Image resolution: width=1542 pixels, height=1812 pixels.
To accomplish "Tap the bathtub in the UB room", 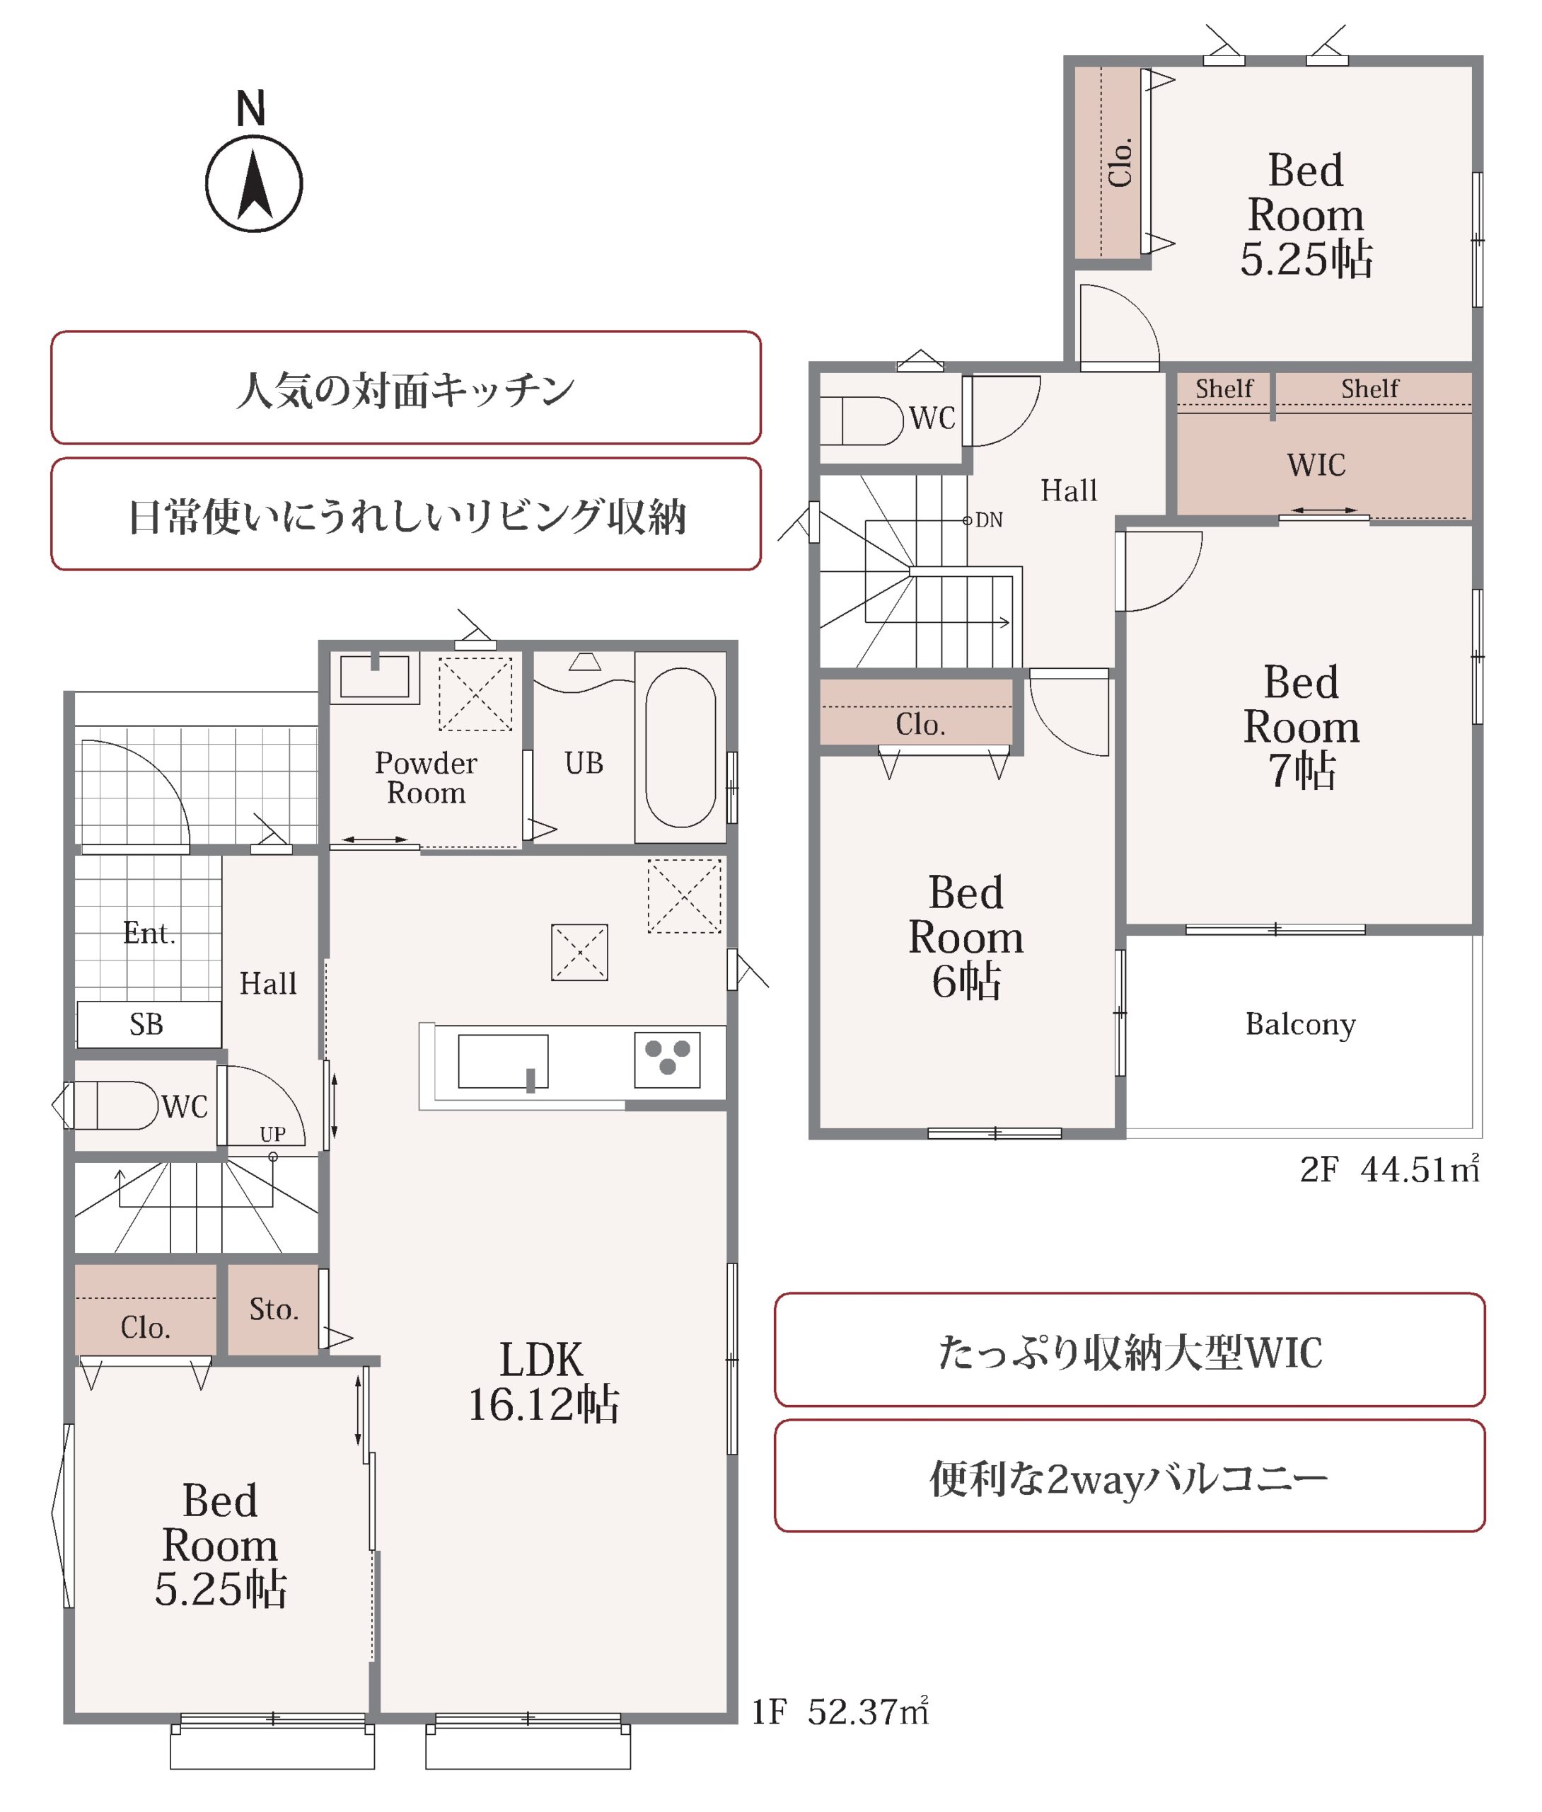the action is tap(680, 747).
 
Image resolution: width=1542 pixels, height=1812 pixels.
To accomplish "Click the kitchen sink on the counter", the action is tap(503, 1062).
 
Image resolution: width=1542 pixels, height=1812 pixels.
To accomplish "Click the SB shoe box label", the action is tap(147, 1024).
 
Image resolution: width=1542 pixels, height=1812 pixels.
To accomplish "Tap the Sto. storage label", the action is tap(274, 1309).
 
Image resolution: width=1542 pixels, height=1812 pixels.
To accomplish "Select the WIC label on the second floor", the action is tap(1316, 464).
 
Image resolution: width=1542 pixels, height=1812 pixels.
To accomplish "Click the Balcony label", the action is tap(1301, 1024).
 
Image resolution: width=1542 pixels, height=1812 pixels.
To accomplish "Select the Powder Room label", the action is tap(426, 777).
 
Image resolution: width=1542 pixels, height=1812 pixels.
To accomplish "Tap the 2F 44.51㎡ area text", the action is tap(1390, 1169).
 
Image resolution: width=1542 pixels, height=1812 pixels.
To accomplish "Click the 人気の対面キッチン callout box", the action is tap(405, 387).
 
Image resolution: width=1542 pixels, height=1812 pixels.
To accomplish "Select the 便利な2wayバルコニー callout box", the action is tap(1130, 1479).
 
